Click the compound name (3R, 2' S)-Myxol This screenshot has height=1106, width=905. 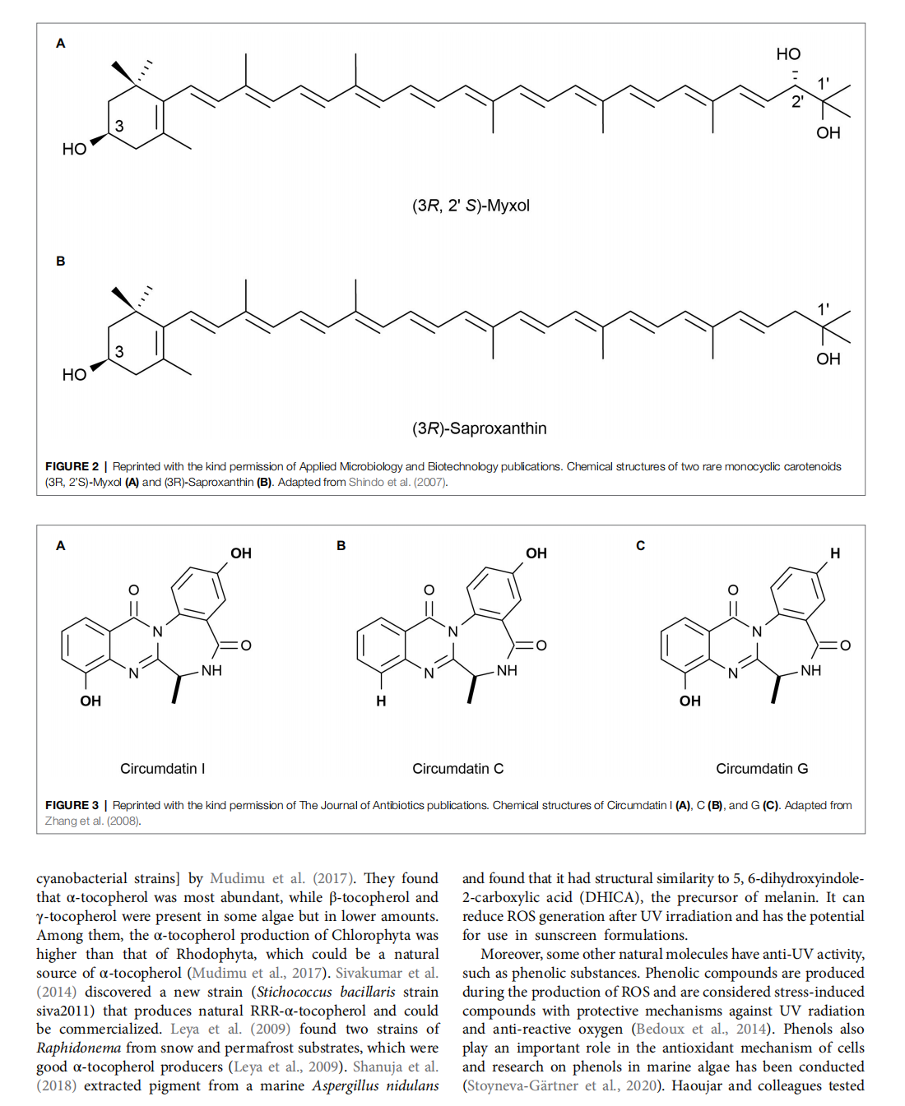[471, 206]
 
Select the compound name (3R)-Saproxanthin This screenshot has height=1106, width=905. [479, 428]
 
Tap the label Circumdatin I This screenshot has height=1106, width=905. [162, 769]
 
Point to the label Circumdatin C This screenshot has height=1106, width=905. [457, 769]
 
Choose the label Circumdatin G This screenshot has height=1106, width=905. [762, 769]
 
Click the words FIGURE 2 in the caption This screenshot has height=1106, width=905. [72, 466]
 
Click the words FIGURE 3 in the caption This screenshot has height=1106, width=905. [72, 805]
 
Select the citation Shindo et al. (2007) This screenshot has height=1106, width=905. [398, 482]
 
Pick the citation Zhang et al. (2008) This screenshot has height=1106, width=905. [92, 821]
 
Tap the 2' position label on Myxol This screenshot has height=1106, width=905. [797, 102]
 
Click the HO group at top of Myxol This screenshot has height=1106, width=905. [788, 54]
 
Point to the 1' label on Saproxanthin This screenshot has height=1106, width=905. [823, 309]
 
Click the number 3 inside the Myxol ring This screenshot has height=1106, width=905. [119, 126]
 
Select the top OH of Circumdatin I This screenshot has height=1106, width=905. [241, 553]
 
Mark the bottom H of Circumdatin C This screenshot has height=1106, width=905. [381, 701]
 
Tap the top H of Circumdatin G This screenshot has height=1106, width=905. [835, 553]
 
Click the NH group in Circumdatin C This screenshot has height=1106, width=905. [507, 671]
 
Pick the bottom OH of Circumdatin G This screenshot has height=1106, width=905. [689, 701]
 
